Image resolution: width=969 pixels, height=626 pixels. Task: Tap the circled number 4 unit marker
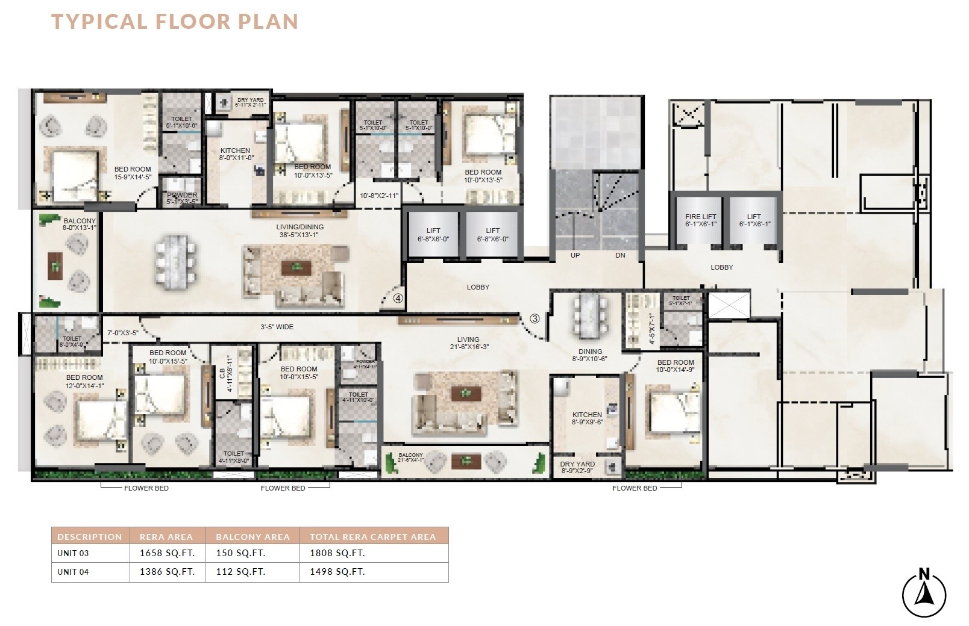coord(398,297)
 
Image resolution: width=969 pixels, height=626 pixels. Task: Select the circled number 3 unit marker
coord(535,318)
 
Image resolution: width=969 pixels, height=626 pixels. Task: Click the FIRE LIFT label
coord(701,220)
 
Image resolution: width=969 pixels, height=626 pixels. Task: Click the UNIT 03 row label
coord(73,553)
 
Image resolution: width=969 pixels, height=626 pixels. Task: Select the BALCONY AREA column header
coord(253,536)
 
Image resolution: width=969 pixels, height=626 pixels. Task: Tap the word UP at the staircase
coord(575,255)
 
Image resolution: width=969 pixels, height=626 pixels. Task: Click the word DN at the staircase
coord(620,255)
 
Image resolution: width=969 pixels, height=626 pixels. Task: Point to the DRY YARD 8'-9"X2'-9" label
coord(577,468)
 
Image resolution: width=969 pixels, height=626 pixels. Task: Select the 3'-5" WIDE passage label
coord(277,327)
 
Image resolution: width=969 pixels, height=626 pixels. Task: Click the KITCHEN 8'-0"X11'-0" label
coord(234,155)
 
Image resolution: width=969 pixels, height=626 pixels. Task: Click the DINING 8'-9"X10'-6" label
coord(590,355)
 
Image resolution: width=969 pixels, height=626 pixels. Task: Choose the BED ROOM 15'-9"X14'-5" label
coord(133,173)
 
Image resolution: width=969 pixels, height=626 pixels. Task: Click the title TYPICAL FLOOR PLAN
coord(175,21)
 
